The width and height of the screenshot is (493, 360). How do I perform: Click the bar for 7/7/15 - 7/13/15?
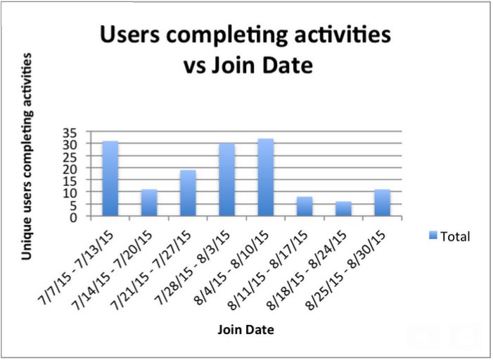pos(110,179)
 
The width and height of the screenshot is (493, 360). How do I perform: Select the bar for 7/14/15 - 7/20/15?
pos(149,202)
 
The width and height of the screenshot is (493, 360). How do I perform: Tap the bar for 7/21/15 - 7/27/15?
pos(188,193)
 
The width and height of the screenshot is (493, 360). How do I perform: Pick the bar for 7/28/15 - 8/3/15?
pos(227,179)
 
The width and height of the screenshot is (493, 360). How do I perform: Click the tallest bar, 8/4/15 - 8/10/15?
pos(266,177)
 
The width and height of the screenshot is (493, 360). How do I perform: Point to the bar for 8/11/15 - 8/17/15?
pos(305,206)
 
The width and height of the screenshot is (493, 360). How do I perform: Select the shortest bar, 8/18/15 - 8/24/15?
pos(343,209)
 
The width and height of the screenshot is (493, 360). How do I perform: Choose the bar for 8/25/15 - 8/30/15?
pos(383,202)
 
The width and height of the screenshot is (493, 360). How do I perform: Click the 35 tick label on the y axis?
pos(70,133)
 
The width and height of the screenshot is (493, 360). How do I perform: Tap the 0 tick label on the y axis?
pos(73,217)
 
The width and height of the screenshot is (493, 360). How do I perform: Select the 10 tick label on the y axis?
pos(70,193)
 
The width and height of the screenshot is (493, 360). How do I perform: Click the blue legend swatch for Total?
pos(433,236)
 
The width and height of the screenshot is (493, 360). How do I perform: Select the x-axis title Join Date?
pos(246,330)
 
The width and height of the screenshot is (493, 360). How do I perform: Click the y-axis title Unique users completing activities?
pos(27,156)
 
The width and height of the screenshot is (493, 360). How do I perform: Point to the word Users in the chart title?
pos(130,34)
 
